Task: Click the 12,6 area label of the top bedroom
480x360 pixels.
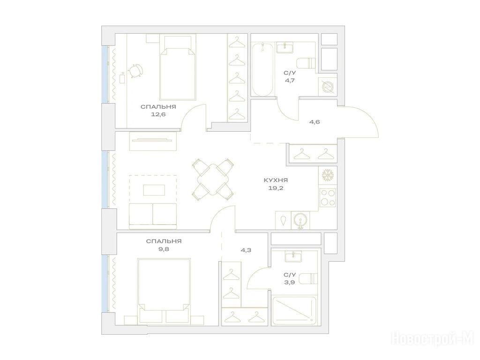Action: tap(158, 114)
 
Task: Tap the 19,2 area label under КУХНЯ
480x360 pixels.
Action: tap(276, 188)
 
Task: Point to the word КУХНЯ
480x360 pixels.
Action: tap(276, 180)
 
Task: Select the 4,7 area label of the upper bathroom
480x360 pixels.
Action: tap(290, 81)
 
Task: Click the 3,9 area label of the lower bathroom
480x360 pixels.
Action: tap(290, 282)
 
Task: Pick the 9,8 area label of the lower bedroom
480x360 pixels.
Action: tap(164, 249)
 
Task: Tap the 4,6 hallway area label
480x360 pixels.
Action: tap(315, 122)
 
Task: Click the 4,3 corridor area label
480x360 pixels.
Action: tap(246, 250)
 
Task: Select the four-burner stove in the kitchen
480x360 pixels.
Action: tap(328, 197)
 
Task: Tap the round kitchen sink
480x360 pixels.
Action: tap(300, 220)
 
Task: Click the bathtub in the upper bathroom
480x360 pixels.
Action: tap(262, 70)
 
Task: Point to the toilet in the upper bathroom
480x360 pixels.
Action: tap(307, 63)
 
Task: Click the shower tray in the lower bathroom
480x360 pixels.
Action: tap(294, 310)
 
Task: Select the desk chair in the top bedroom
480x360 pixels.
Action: tap(135, 71)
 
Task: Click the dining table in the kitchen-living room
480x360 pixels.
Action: tap(212, 180)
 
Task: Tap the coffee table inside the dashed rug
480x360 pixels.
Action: tap(154, 190)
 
